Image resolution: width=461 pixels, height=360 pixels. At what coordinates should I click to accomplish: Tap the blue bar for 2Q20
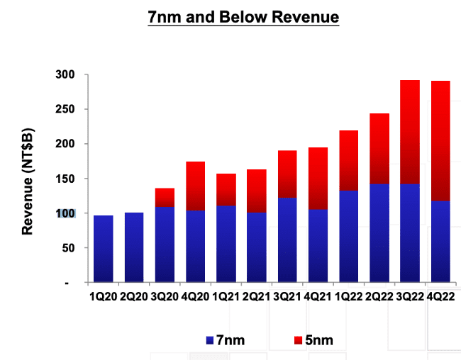[x=133, y=247]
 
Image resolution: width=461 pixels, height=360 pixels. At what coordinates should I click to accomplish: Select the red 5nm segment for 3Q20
[x=164, y=197]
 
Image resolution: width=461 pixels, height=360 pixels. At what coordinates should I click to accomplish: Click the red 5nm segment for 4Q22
[x=439, y=141]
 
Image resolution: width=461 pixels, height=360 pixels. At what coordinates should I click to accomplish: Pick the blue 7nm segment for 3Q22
[x=409, y=233]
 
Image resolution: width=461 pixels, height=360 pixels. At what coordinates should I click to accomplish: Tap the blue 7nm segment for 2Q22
[x=378, y=233]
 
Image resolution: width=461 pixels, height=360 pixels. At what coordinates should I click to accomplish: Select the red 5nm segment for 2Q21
[x=255, y=191]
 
